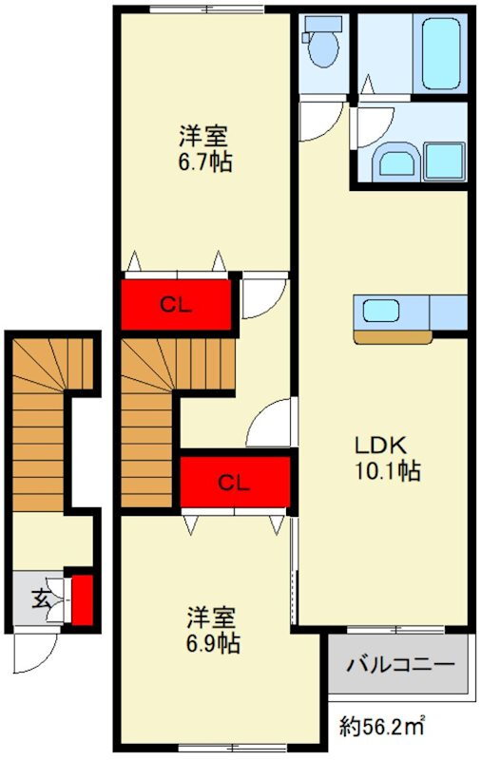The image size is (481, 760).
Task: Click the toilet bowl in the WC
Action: point(324,48)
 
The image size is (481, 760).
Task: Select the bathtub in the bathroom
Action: point(440,52)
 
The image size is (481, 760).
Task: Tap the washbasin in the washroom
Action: point(396,162)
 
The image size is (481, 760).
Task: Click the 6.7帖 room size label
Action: point(204,162)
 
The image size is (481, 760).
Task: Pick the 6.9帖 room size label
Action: point(213,643)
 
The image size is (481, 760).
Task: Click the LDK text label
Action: point(380,445)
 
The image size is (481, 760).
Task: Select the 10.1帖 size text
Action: point(388,470)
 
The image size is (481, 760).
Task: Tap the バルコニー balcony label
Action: point(400,663)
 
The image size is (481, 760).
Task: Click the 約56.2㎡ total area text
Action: point(382,726)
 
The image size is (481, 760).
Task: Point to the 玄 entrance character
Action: point(42,599)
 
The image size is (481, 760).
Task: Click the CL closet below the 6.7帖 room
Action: point(176,305)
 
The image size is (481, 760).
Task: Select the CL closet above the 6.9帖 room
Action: point(235,483)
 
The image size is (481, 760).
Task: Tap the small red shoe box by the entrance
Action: point(82,599)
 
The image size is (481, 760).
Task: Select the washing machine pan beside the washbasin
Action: point(444,161)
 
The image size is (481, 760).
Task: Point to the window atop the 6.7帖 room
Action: point(207,9)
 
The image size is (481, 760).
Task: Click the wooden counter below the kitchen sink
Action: point(393,337)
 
